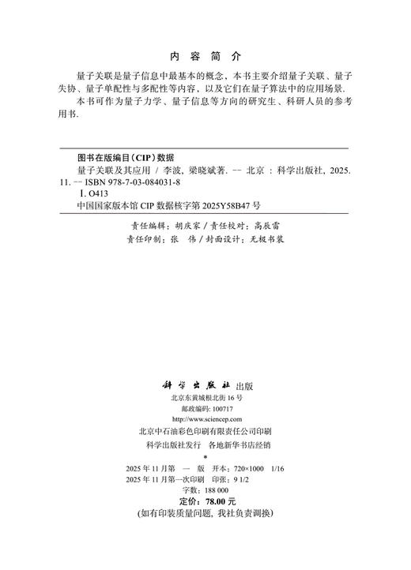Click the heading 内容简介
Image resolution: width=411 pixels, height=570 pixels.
205,57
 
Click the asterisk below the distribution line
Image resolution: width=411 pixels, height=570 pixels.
205,456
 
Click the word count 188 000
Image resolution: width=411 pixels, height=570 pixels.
213,490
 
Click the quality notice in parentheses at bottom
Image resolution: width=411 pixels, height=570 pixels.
205,513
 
